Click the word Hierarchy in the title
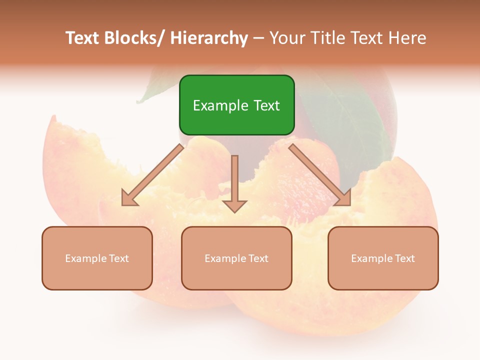click(209, 38)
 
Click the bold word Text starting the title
click(82, 38)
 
